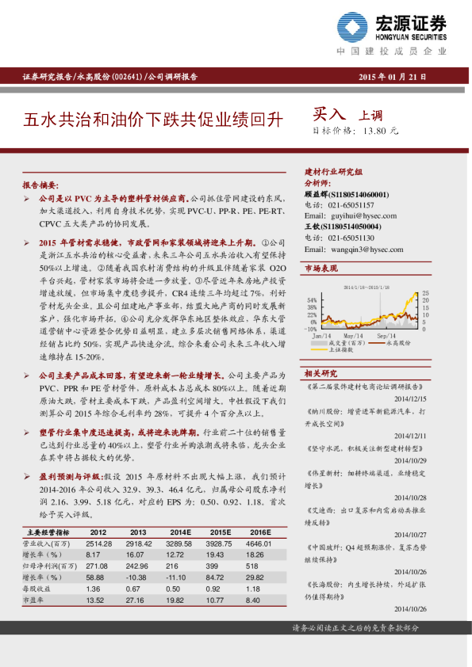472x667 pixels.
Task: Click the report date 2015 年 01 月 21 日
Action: (393, 77)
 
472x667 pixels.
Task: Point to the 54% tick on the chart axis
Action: (312, 300)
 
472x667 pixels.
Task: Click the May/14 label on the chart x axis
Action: (353, 336)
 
